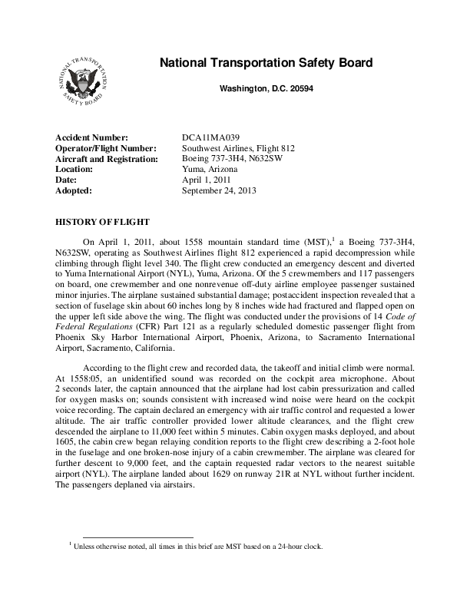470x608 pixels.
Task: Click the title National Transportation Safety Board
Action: (x=266, y=63)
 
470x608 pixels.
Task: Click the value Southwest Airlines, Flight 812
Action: (x=238, y=148)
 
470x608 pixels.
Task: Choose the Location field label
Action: (x=75, y=169)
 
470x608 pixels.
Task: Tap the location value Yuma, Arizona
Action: (x=210, y=169)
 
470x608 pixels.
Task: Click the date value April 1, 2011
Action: (x=207, y=180)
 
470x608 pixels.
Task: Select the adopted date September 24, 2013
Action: (x=219, y=190)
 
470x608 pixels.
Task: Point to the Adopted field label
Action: (x=74, y=190)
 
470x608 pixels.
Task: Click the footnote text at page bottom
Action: (x=197, y=547)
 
